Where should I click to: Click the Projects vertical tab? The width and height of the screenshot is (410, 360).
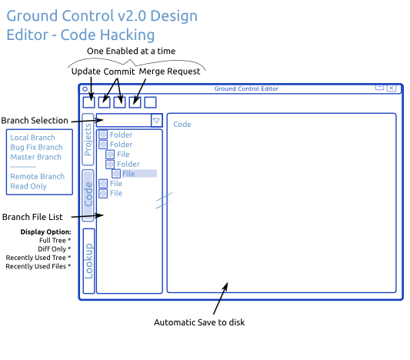click(88, 139)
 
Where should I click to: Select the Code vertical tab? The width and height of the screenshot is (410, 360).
click(88, 195)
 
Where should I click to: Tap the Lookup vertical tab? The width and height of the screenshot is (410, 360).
click(88, 261)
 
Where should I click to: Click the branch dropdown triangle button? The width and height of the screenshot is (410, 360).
click(156, 121)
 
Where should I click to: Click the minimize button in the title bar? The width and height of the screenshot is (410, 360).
click(379, 88)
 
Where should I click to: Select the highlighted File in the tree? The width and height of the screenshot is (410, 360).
click(128, 174)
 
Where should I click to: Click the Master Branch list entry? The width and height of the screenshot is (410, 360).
click(36, 157)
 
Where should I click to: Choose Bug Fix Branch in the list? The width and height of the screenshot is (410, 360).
click(36, 147)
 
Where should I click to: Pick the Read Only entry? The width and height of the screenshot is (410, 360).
click(28, 186)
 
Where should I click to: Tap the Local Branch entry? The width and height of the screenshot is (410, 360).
click(32, 138)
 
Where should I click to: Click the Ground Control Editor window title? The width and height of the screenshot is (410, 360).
click(246, 88)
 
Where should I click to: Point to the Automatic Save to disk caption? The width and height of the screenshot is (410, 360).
click(199, 322)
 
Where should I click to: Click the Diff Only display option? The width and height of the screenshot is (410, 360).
click(54, 249)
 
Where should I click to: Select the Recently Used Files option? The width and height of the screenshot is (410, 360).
click(38, 266)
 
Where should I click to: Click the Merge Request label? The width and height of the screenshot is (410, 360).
click(169, 72)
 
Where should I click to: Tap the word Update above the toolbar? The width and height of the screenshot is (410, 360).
click(86, 72)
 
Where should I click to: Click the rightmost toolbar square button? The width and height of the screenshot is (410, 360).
click(150, 102)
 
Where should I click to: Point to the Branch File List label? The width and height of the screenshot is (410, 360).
click(32, 217)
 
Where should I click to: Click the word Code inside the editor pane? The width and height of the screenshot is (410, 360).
click(182, 124)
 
